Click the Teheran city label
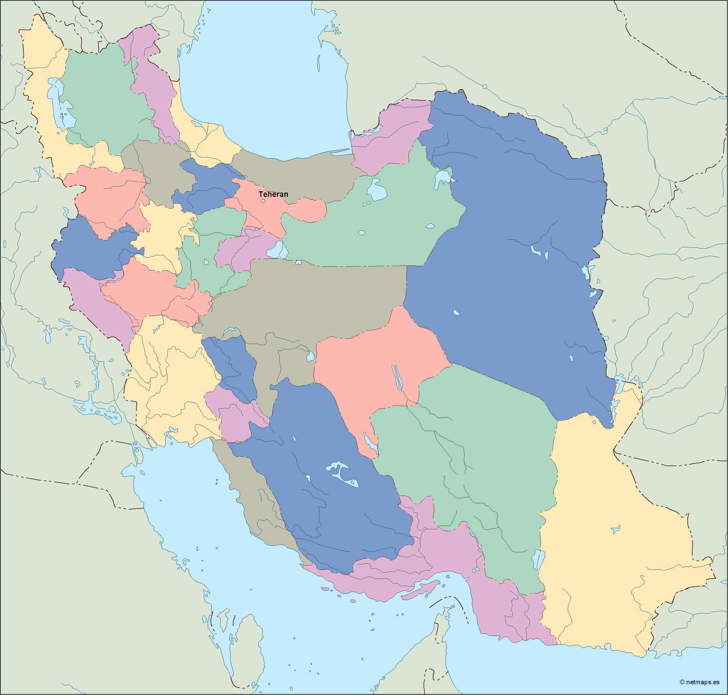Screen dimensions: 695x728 pyautogui.click(x=273, y=194)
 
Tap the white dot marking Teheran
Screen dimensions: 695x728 pyautogui.click(x=263, y=201)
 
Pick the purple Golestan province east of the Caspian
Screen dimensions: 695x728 pyautogui.click(x=389, y=137)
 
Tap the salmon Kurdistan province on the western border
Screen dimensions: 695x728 pyautogui.click(x=107, y=196)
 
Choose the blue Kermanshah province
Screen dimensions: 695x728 pyautogui.click(x=93, y=252)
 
